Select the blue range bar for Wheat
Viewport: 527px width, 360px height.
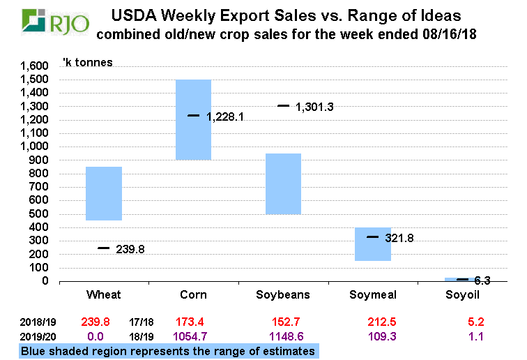[x=103, y=193]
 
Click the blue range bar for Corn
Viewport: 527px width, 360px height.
[x=193, y=119]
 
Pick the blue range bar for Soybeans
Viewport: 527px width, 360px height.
[x=283, y=183]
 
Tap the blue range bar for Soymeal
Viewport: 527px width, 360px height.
[x=372, y=244]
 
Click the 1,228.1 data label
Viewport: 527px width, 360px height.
[x=225, y=117]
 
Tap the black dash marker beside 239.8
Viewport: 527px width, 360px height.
[x=103, y=248]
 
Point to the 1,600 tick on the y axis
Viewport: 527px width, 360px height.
[x=34, y=66]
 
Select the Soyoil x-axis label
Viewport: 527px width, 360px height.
[x=461, y=295]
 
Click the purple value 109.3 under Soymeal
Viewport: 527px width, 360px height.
[x=372, y=336]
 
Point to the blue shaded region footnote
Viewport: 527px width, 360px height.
[x=167, y=351]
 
